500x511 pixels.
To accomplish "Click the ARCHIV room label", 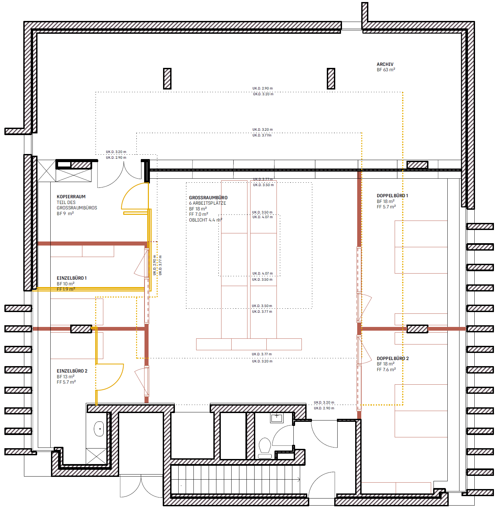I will [x=385, y=64].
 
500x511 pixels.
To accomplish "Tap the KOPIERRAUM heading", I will [x=71, y=197].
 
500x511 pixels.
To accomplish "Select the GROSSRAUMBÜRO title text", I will [x=208, y=198].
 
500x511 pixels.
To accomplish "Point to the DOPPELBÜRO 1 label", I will [x=392, y=196].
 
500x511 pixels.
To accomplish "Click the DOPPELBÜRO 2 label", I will [x=393, y=358].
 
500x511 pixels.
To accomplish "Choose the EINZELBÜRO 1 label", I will [x=72, y=278].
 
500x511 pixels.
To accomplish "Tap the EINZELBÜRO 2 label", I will [x=72, y=371].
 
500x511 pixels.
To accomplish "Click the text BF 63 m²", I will [x=386, y=70].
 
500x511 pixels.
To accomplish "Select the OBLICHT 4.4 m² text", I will [x=205, y=220].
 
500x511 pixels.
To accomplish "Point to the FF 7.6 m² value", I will [x=386, y=369].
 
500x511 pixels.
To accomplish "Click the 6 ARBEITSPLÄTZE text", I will [x=207, y=203].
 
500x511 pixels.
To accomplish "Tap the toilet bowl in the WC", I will [x=265, y=446].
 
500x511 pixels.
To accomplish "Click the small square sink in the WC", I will [x=277, y=417].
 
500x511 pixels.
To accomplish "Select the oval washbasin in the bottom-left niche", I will [x=99, y=429].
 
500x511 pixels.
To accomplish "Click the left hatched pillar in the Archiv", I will [x=167, y=79].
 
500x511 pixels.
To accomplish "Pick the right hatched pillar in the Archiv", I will [x=331, y=79].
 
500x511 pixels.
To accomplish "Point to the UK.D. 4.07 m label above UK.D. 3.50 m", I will [x=262, y=274].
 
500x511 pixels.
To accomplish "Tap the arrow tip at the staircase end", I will [x=299, y=479].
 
